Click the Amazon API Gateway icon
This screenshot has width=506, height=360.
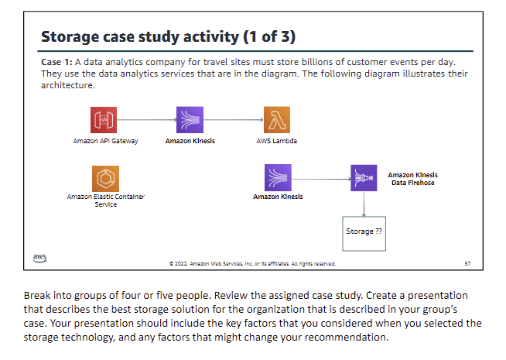click(x=104, y=120)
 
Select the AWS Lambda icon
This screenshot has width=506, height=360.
click(x=275, y=120)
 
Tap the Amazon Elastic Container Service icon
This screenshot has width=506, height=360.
click(x=104, y=177)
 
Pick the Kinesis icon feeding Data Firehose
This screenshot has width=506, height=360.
click(x=276, y=177)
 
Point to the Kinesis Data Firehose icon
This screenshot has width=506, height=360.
click(x=363, y=177)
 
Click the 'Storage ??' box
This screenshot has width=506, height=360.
click(x=364, y=231)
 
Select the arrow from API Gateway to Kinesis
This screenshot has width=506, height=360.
click(x=147, y=120)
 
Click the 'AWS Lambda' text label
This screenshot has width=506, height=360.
click(x=276, y=141)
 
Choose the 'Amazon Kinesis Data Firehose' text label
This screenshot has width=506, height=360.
click(x=411, y=179)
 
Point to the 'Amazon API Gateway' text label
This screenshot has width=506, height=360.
click(x=105, y=141)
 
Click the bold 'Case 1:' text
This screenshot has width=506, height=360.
click(x=55, y=62)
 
